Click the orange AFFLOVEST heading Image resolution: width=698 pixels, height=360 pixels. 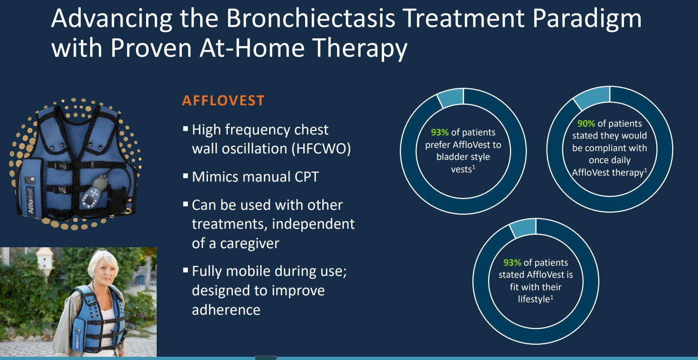[x=223, y=101]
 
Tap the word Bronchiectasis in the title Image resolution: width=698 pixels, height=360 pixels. [x=310, y=18]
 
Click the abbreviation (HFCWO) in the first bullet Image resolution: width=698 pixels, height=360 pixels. [x=321, y=148]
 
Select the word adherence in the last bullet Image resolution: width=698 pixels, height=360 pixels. [x=226, y=310]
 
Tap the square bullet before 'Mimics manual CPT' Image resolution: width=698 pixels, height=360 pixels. [x=185, y=176]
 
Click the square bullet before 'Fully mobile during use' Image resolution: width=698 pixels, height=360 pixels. [x=185, y=270]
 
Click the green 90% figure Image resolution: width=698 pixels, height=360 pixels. [x=586, y=124]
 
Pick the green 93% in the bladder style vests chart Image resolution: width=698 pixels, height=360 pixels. [x=440, y=132]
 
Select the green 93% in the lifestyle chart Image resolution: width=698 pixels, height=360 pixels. [x=512, y=262]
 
